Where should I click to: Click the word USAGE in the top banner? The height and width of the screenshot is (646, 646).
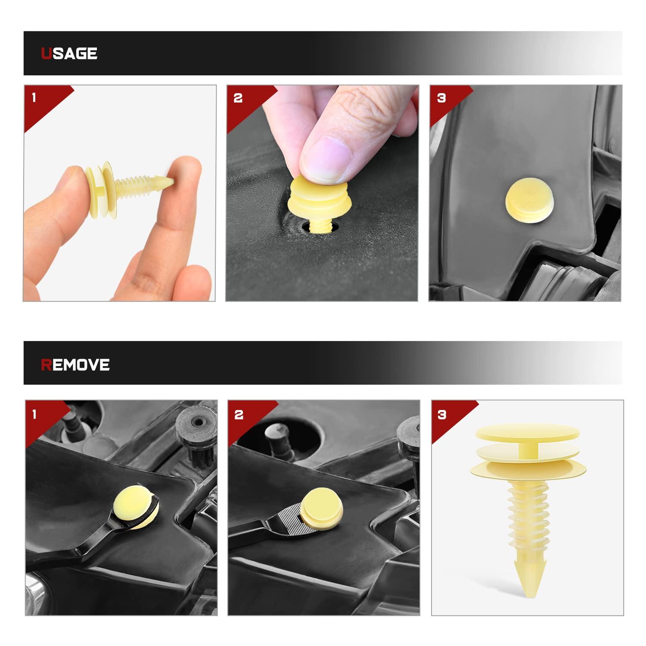[69, 53]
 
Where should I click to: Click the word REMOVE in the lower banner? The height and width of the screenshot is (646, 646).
[75, 365]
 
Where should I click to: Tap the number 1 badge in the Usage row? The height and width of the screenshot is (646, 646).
[34, 98]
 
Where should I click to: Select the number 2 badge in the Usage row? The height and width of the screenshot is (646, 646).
[238, 98]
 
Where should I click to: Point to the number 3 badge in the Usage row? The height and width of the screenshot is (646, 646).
[441, 98]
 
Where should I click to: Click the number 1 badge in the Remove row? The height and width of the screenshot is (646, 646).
[34, 414]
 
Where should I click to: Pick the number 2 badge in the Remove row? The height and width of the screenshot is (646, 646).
[239, 414]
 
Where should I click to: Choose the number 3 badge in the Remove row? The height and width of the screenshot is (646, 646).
[442, 414]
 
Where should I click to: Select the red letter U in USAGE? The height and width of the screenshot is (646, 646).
[46, 53]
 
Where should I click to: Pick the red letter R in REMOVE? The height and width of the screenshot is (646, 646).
[46, 365]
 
